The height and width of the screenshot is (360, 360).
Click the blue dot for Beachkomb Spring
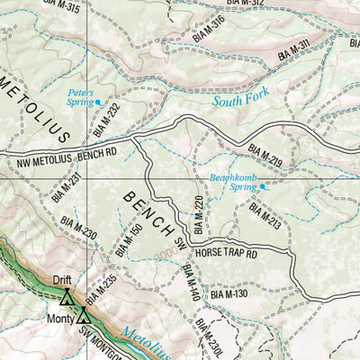coord(263,186)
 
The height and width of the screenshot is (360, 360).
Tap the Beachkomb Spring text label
coord(232,183)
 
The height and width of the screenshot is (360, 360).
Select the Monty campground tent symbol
coord(84,315)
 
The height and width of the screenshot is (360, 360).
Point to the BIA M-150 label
coord(129,239)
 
